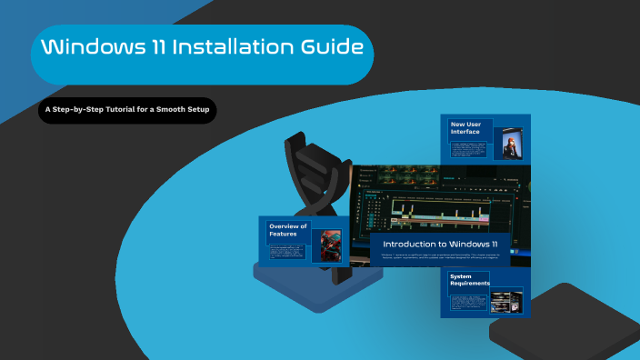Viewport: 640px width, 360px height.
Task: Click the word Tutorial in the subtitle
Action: pyautogui.click(x=133, y=110)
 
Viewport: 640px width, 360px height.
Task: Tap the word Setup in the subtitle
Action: pyautogui.click(x=195, y=110)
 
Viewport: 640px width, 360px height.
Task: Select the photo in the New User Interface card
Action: pyautogui.click(x=511, y=147)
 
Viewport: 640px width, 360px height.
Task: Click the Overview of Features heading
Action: pyautogui.click(x=288, y=229)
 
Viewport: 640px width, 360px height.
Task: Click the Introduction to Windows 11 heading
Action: pyautogui.click(x=440, y=245)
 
